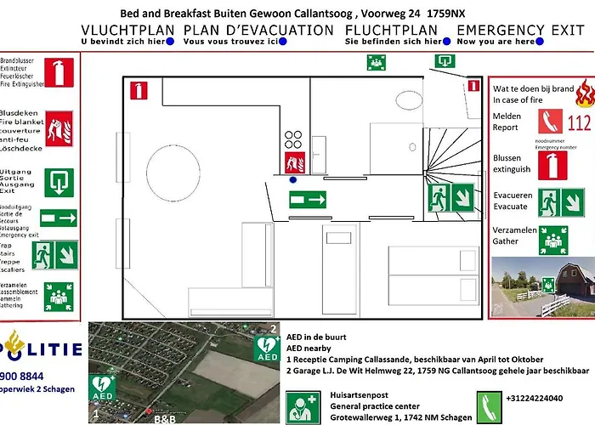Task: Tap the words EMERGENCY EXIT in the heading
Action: coord(520,30)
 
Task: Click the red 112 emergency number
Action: coord(578,123)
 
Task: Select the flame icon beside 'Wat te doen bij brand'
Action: coord(583,91)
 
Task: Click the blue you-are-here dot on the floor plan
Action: coord(292,180)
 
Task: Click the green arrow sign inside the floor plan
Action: coord(308,201)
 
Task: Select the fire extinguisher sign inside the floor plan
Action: coord(138,90)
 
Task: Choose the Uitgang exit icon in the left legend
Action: coord(59,180)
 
